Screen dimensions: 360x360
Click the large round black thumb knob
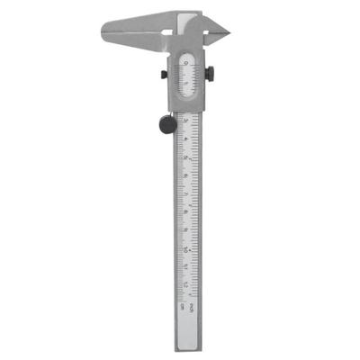point(167,125)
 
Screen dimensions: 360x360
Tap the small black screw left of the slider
point(163,75)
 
